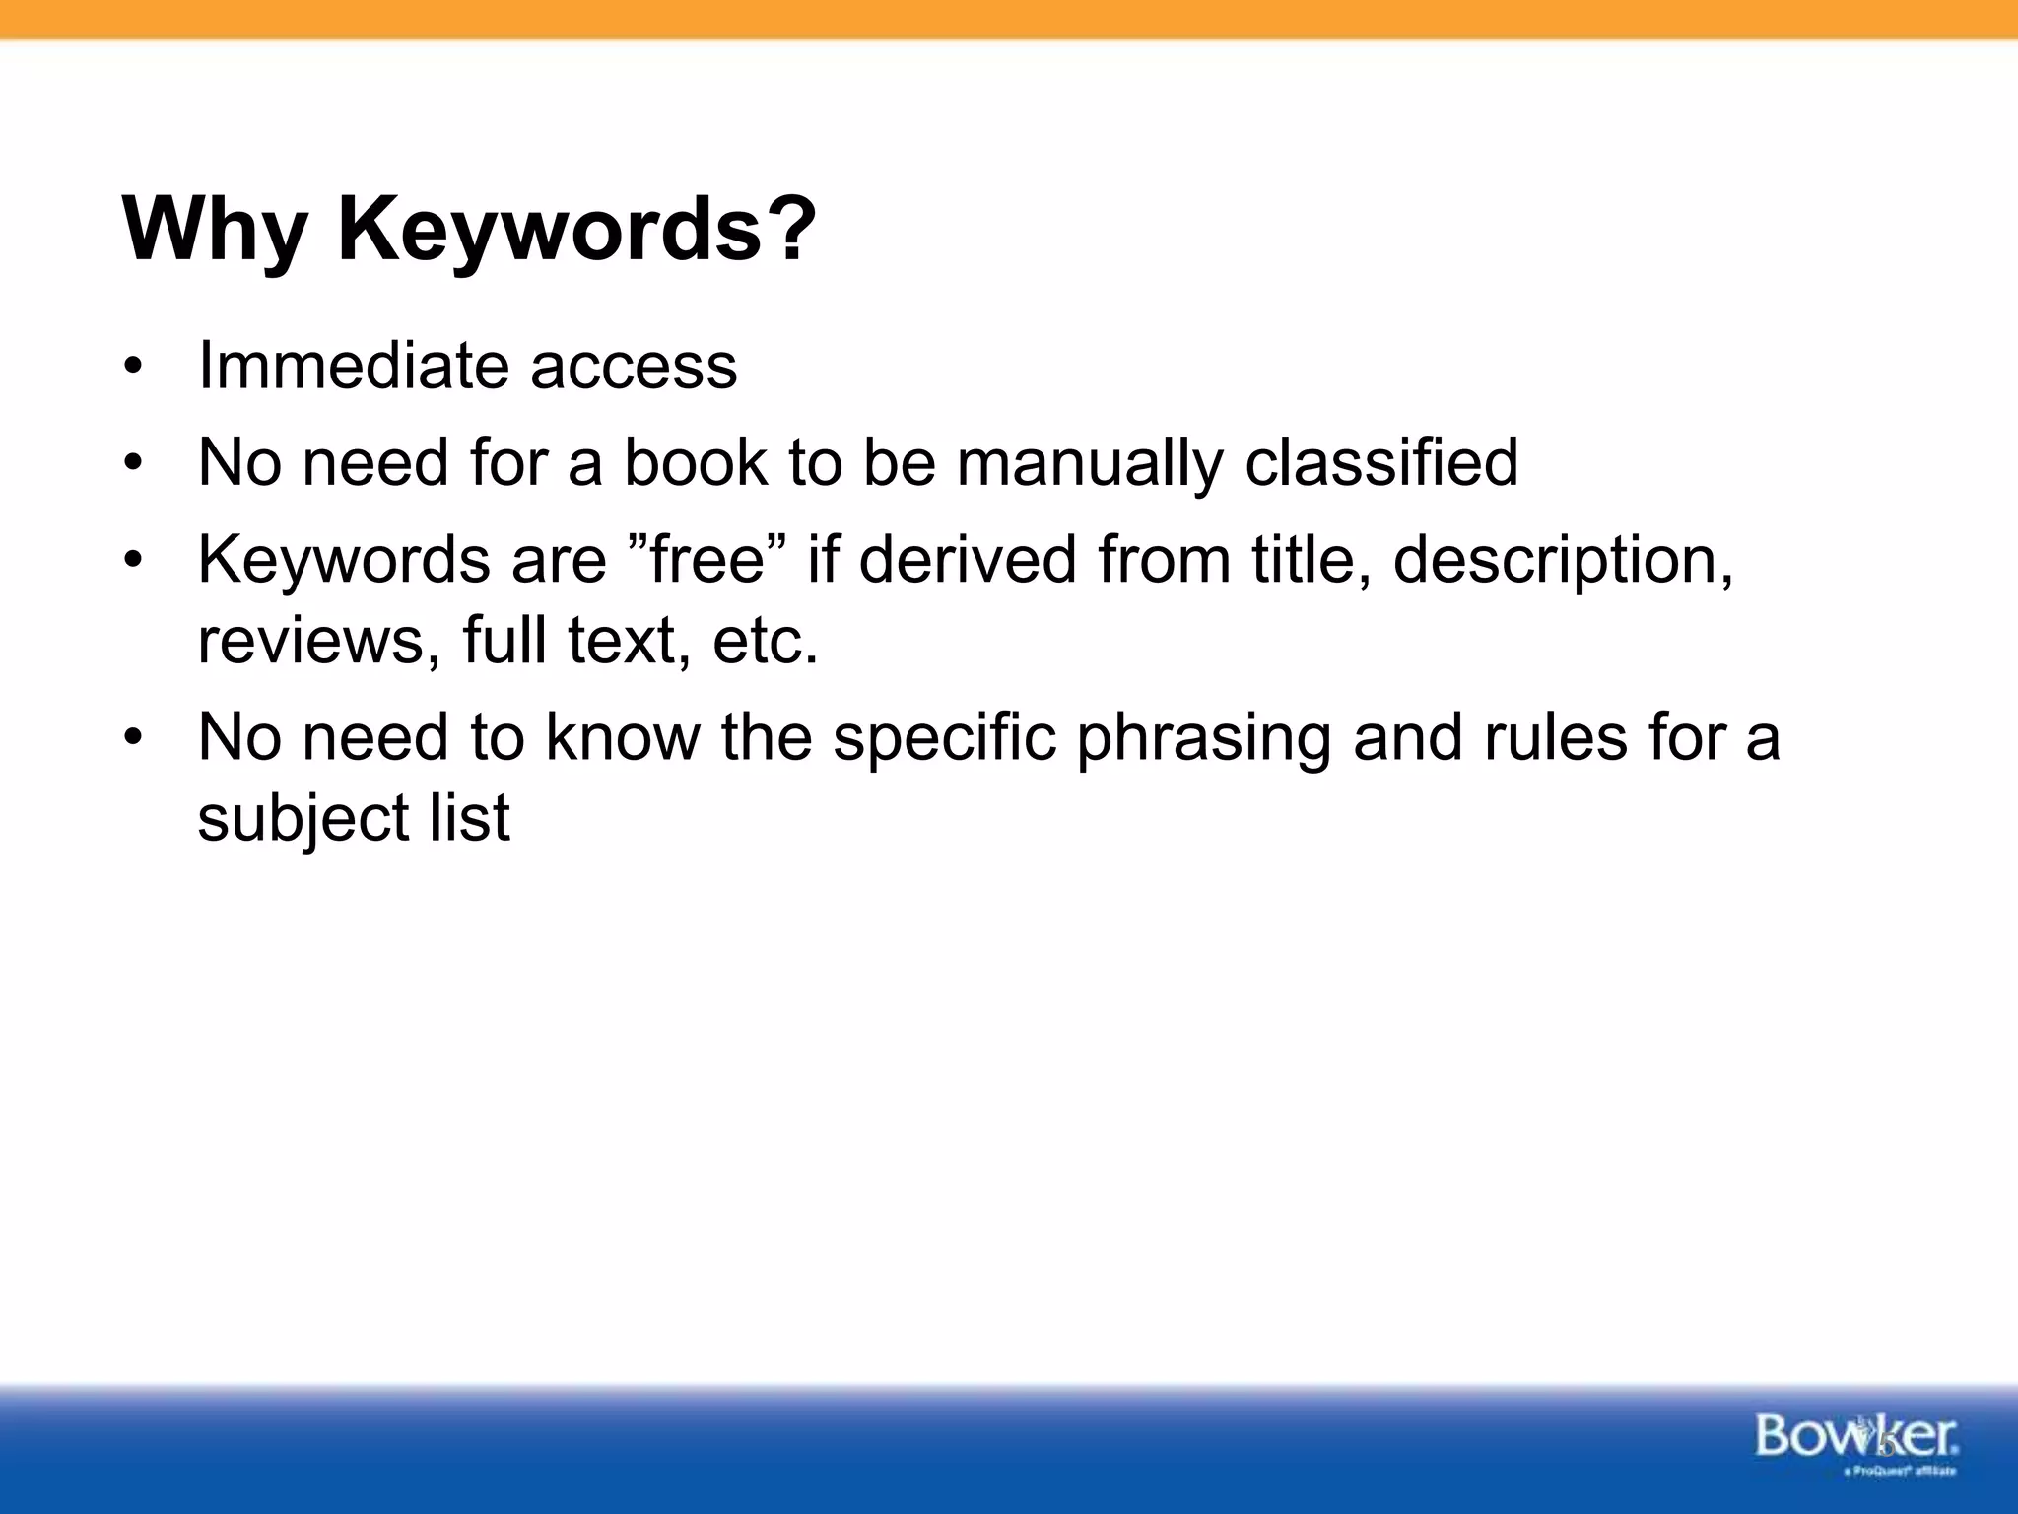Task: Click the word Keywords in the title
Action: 547,230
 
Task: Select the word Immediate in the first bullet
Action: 354,365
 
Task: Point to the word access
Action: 634,367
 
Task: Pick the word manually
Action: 1089,463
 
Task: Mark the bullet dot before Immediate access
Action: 134,369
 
